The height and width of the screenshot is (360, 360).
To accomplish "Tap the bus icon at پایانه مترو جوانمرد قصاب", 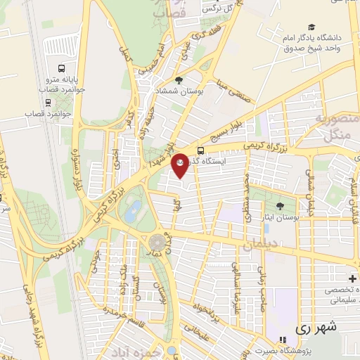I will [x=63, y=70].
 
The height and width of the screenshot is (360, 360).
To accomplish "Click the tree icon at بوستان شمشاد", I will [x=179, y=80].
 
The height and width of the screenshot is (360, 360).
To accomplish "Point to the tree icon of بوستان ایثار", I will [x=281, y=206].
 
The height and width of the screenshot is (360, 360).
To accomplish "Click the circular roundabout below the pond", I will [x=157, y=243].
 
